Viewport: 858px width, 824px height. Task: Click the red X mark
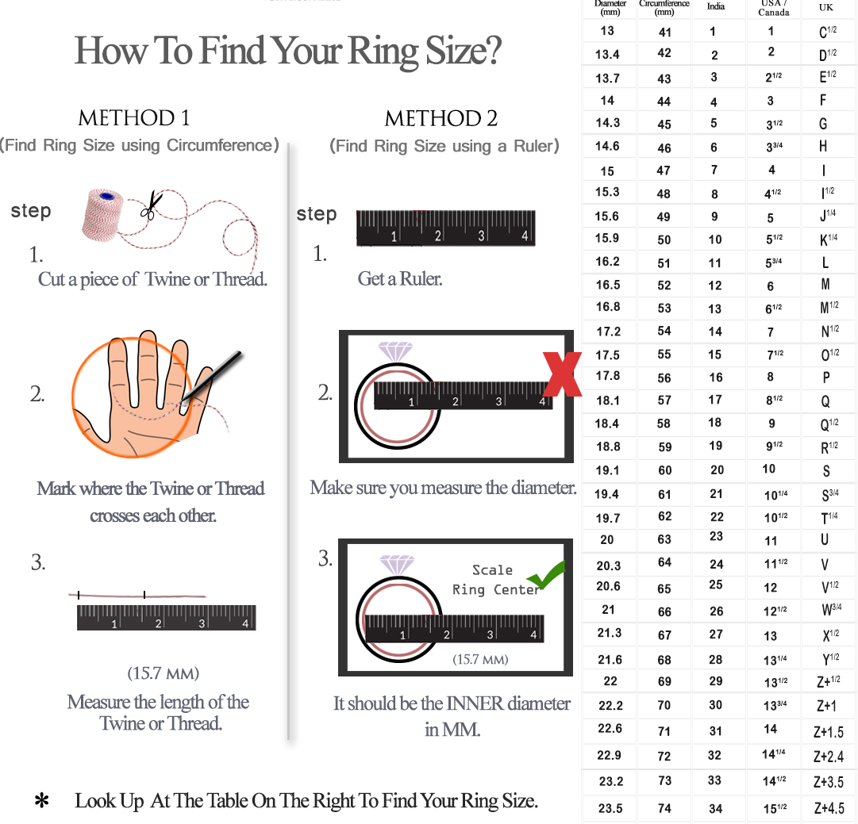562,374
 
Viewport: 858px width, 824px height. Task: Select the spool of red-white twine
102,215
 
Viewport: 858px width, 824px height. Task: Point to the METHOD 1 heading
134,118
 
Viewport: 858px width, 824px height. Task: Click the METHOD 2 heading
441,119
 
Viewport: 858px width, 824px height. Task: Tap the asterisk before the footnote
41,801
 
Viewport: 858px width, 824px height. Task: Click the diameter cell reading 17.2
609,332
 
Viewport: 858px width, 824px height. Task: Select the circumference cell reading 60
665,470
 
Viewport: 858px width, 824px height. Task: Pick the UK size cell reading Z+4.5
829,808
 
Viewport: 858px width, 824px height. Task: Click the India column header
716,6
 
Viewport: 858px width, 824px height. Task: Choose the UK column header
825,8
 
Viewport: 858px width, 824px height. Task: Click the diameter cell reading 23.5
610,808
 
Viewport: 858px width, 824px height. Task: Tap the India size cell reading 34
716,808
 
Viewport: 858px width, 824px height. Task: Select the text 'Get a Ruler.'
400,279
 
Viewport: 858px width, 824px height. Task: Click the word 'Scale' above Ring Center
492,569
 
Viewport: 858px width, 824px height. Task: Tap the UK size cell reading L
825,263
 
